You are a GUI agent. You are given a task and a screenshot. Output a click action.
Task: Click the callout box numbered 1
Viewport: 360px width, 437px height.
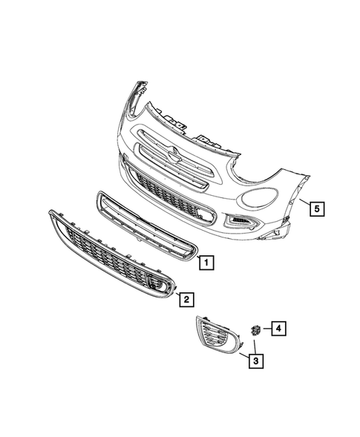(207, 261)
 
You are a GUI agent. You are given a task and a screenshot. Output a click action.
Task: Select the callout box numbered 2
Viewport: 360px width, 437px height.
(186, 299)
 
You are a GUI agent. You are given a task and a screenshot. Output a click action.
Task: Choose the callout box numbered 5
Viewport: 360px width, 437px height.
(315, 208)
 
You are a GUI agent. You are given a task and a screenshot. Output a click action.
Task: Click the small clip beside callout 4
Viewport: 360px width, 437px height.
(254, 329)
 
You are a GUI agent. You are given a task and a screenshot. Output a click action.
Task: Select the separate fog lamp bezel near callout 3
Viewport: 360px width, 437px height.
(215, 338)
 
